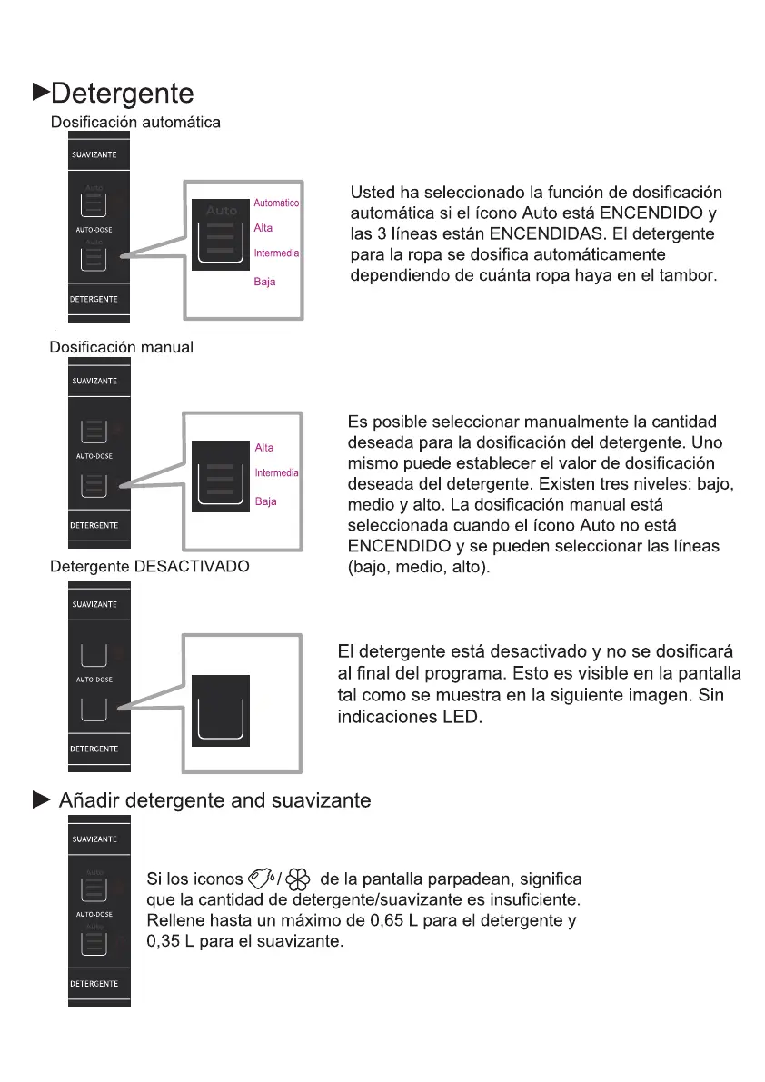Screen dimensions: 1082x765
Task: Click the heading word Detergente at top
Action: [122, 94]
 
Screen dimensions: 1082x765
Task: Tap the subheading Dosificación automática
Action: [135, 122]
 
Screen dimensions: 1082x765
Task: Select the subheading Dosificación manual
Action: [121, 348]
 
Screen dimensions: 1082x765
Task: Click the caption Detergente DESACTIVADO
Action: [149, 566]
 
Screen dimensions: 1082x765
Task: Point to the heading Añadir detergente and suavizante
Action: [214, 800]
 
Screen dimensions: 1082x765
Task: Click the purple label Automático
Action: [276, 203]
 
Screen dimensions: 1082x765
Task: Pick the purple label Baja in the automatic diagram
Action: [264, 283]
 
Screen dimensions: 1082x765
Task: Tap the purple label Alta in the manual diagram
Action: [264, 448]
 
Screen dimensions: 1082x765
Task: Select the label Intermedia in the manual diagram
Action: [276, 473]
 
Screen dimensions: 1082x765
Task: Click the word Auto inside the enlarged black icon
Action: [221, 211]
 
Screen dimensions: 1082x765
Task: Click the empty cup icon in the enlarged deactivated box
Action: [220, 709]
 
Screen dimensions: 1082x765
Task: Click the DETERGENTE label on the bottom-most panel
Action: [94, 984]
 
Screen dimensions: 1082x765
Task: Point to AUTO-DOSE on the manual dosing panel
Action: [94, 456]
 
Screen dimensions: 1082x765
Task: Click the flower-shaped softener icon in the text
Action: [301, 879]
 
